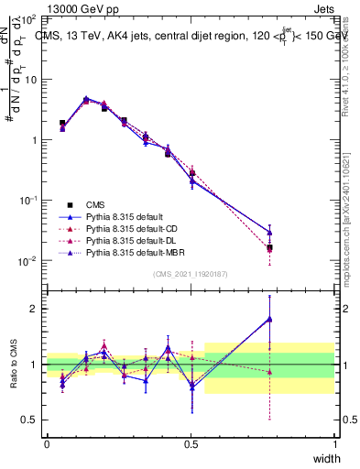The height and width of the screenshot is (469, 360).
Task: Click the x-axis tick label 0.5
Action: [191, 443]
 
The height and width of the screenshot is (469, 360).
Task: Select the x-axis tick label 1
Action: [334, 443]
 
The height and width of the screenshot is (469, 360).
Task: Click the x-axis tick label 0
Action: [47, 443]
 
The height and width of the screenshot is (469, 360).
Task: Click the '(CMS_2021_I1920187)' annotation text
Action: [191, 274]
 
